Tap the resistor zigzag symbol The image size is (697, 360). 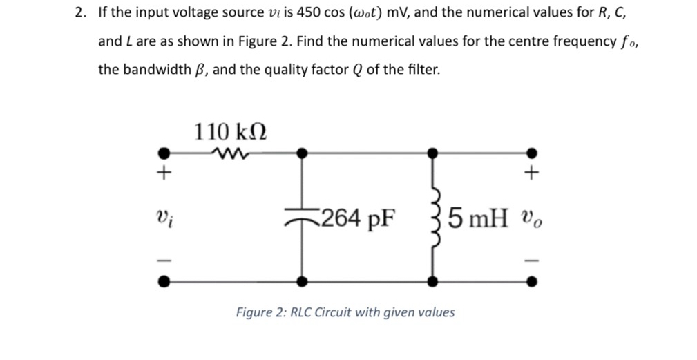[227, 153]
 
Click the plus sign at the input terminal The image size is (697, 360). [164, 174]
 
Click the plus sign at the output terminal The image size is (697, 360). [531, 174]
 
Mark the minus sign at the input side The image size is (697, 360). [164, 261]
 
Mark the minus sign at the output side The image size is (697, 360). [531, 261]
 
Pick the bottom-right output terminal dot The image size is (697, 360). [531, 281]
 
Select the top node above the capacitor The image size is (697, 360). [302, 153]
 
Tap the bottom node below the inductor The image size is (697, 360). [433, 281]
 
